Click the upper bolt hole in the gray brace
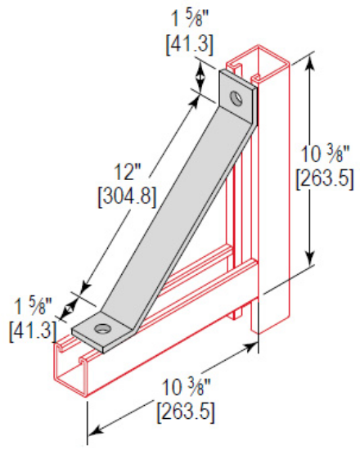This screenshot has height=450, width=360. (236, 99)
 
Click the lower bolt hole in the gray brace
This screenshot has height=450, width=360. (102, 329)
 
